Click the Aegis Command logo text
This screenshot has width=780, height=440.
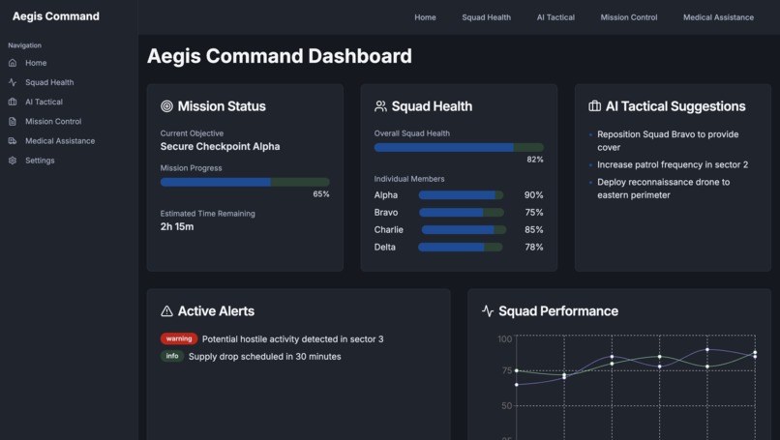pyautogui.click(x=56, y=16)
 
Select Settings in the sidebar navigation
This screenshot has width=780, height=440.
pyautogui.click(x=40, y=161)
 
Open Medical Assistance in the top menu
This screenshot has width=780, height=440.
pyautogui.click(x=718, y=17)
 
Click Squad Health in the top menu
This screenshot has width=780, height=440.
pyautogui.click(x=486, y=17)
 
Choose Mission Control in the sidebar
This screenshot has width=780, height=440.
pyautogui.click(x=53, y=122)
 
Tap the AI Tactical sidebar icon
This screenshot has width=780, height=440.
pyautogui.click(x=13, y=103)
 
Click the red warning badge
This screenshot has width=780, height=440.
pyautogui.click(x=179, y=339)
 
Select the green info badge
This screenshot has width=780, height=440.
pyautogui.click(x=172, y=357)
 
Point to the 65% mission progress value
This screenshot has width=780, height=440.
pyautogui.click(x=320, y=194)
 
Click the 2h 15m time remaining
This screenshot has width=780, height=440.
pyautogui.click(x=177, y=227)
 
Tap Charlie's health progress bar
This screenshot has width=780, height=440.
pyautogui.click(x=464, y=230)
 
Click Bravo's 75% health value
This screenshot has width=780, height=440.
pyautogui.click(x=533, y=213)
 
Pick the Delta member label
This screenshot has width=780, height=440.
pyautogui.click(x=385, y=248)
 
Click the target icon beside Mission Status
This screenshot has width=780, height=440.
pyautogui.click(x=166, y=106)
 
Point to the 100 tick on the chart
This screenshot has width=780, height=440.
pyautogui.click(x=504, y=339)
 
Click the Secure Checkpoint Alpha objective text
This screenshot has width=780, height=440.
pyautogui.click(x=220, y=147)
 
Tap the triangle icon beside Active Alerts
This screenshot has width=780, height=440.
pyautogui.click(x=166, y=311)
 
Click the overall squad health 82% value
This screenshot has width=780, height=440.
pyautogui.click(x=534, y=160)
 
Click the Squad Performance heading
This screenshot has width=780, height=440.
pyautogui.click(x=557, y=311)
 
